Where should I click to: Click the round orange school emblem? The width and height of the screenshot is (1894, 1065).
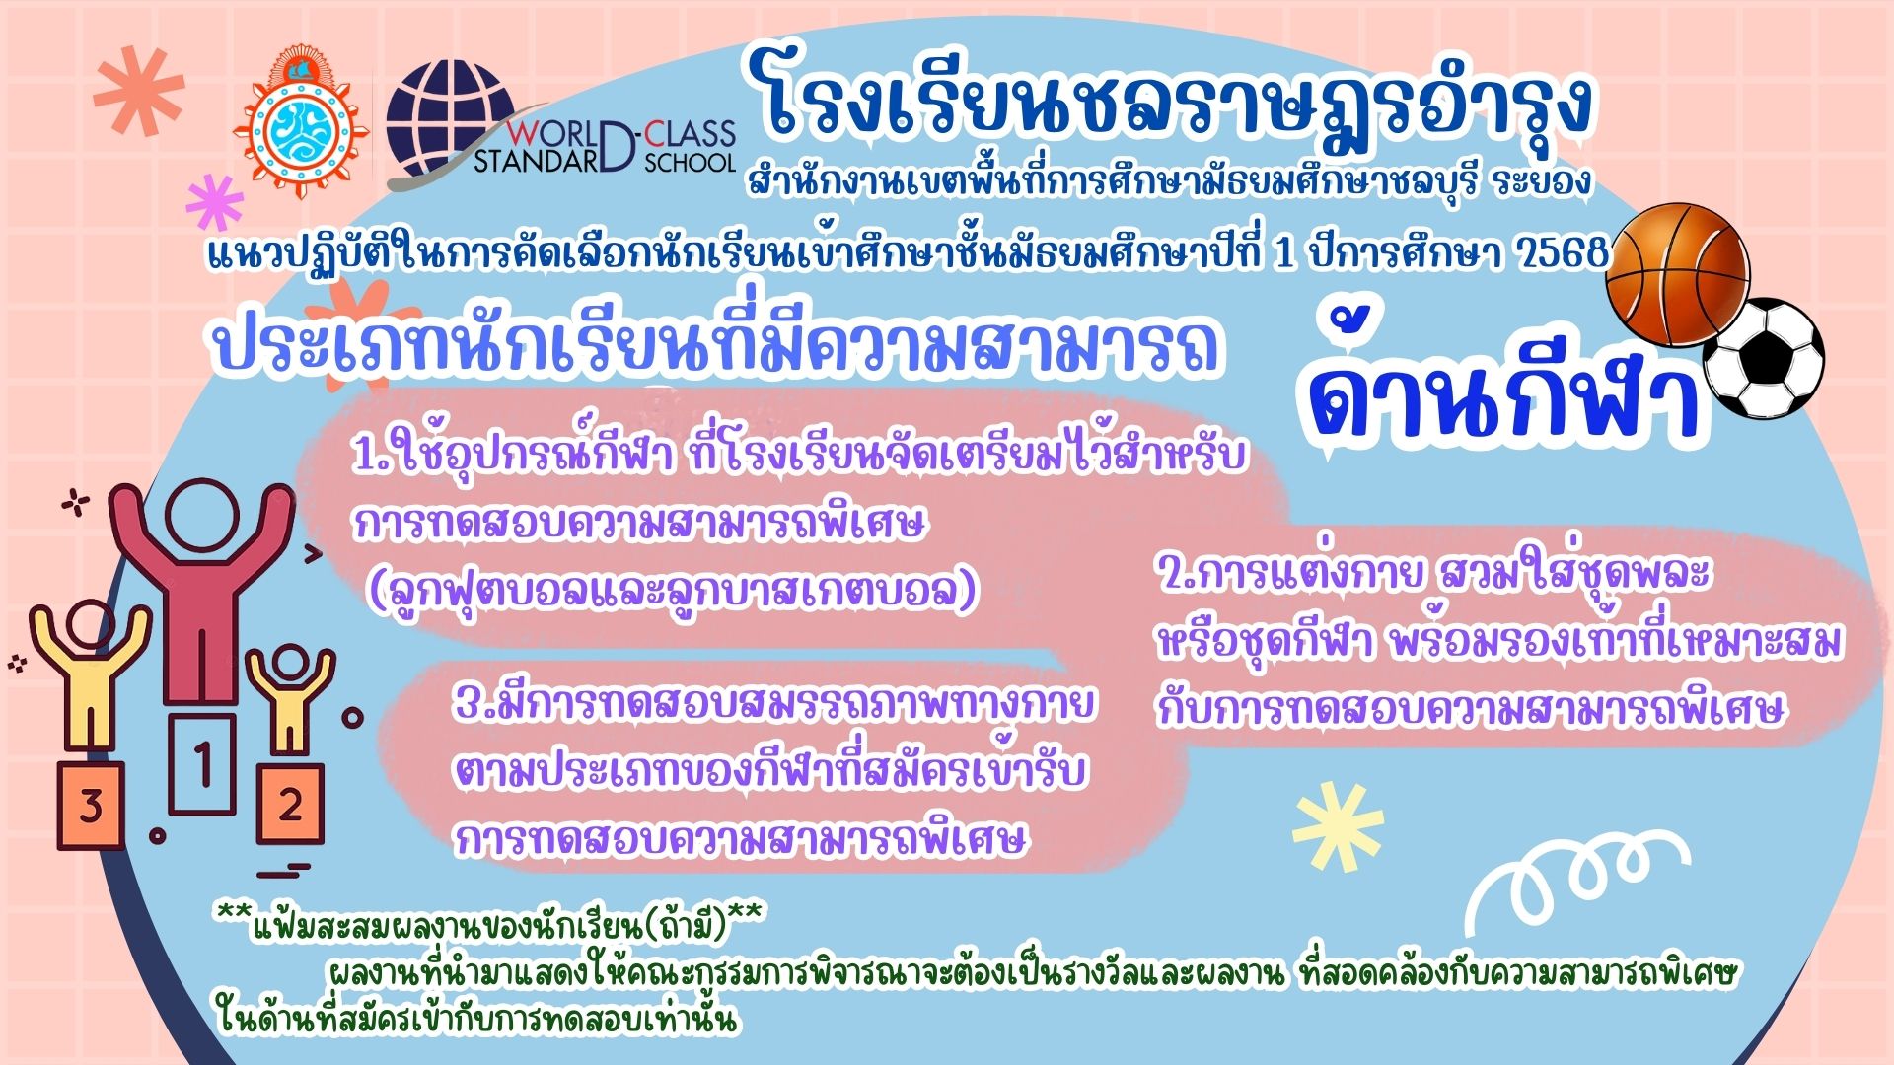click(x=301, y=122)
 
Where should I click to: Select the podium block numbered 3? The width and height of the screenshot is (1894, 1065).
click(x=91, y=805)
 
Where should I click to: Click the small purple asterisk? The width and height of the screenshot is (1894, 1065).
click(x=215, y=203)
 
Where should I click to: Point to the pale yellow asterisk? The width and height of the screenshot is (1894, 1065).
click(x=1339, y=824)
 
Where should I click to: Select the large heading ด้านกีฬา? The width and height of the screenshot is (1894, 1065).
click(x=1504, y=389)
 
